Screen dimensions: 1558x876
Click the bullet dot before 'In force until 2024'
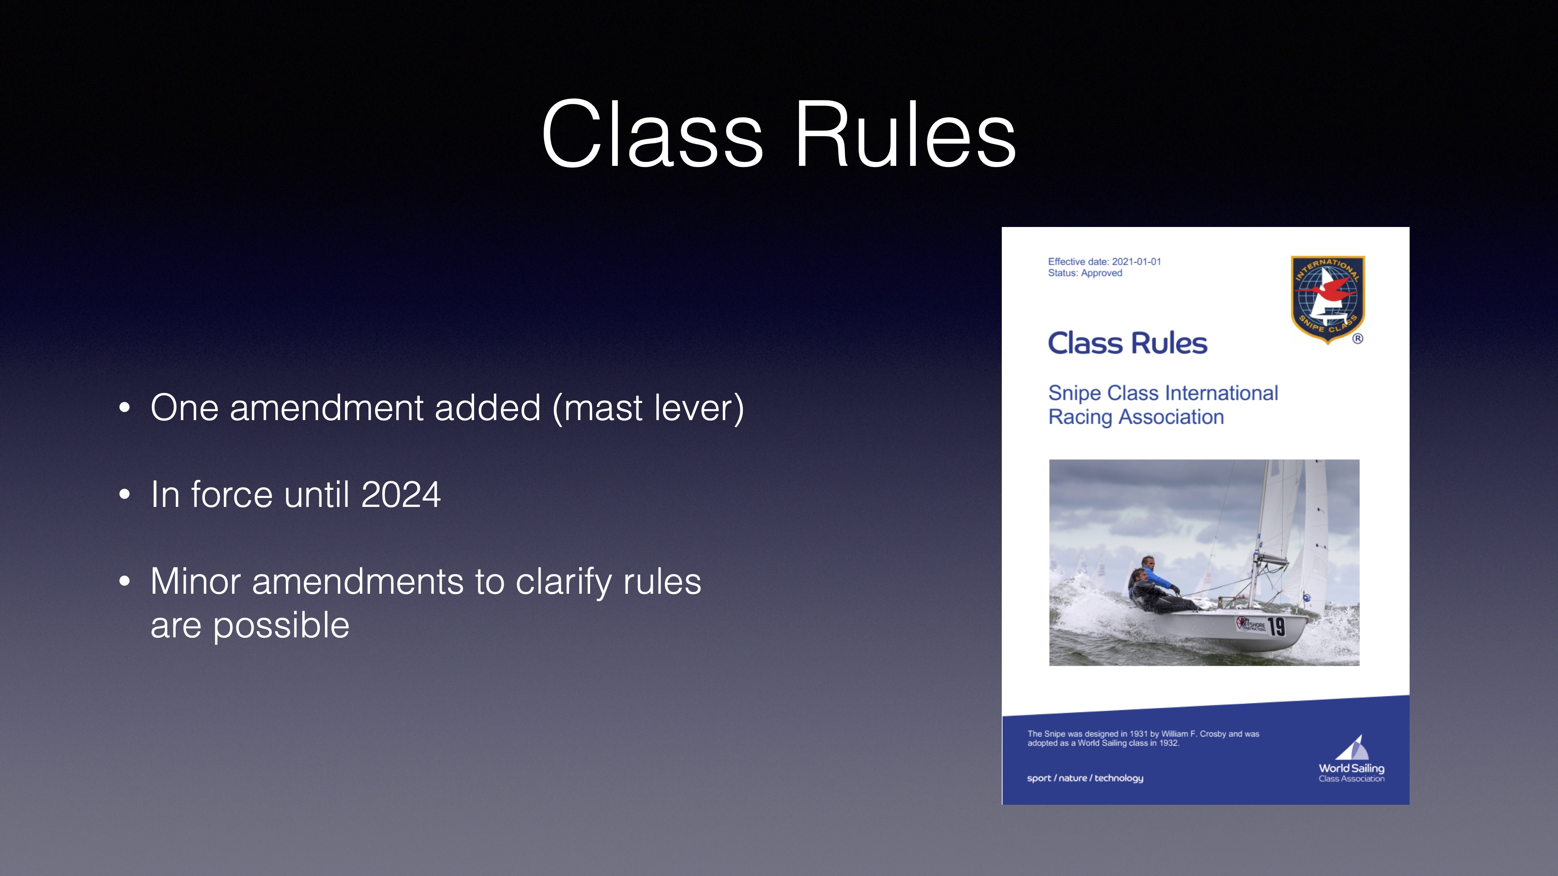[125, 494]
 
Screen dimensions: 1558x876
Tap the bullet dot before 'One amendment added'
[125, 408]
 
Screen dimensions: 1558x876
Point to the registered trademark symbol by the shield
[1358, 339]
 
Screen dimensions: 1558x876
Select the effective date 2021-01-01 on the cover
[1137, 262]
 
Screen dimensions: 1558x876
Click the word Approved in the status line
[1102, 273]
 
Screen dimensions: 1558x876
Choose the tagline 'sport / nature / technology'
[1085, 778]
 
